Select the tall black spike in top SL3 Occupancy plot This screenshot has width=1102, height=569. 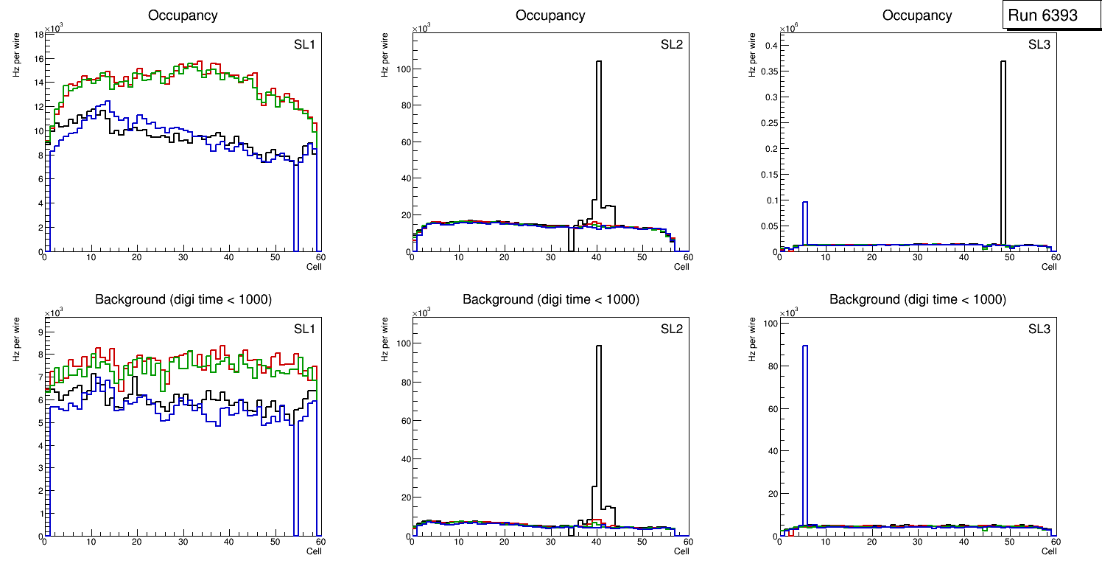pos(1003,147)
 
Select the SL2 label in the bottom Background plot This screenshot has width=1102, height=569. pos(672,329)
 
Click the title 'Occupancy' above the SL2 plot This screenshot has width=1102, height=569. pos(550,15)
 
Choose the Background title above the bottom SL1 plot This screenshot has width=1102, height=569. pos(183,299)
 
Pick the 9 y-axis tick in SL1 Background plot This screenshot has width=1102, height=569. pos(40,332)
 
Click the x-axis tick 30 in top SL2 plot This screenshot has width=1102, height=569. pos(550,257)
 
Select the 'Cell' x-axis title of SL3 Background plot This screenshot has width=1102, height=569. pos(1049,551)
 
